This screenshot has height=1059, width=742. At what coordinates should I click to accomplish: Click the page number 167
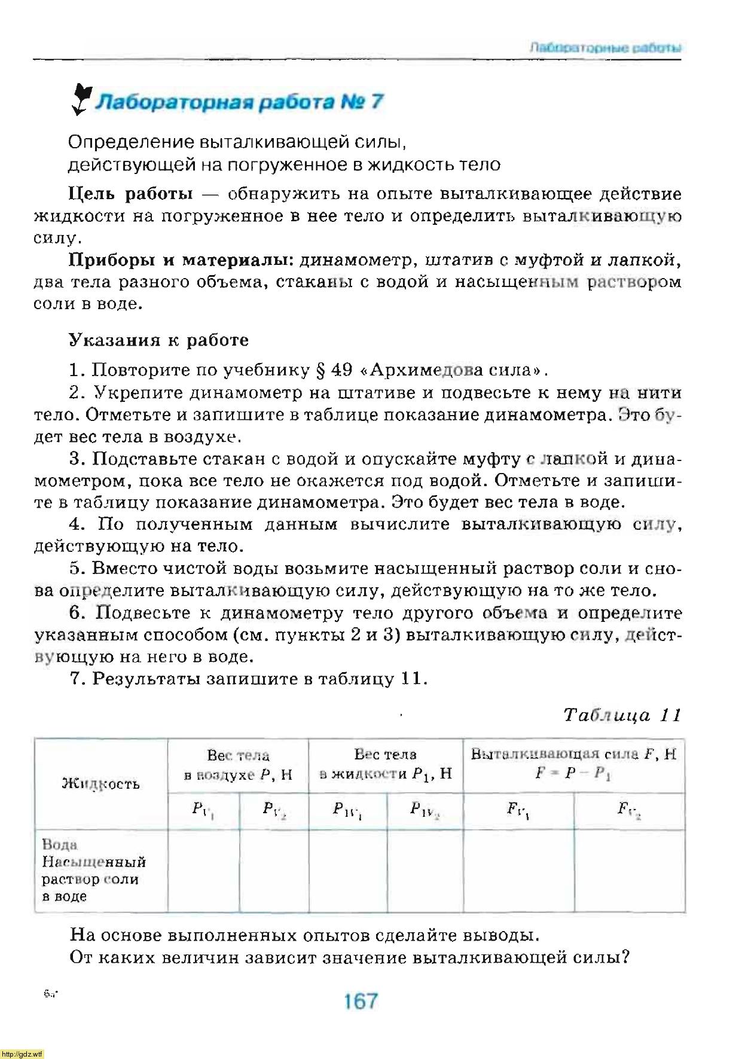point(361,1000)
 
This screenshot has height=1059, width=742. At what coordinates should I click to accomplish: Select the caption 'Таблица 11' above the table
point(622,715)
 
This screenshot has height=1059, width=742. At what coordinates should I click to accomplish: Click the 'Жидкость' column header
point(100,783)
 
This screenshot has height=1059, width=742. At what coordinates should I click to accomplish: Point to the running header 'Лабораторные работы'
point(605,48)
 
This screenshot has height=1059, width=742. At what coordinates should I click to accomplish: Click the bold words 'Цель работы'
point(131,194)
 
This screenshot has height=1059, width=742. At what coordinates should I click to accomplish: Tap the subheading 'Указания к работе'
point(158,340)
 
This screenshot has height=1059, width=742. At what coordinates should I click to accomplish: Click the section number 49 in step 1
point(341,370)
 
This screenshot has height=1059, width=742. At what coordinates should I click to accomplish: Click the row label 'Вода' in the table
point(60,845)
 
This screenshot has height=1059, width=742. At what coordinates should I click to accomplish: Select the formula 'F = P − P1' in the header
point(573,773)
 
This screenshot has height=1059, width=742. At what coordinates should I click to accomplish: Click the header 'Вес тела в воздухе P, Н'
point(238,765)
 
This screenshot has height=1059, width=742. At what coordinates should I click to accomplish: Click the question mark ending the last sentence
point(625,957)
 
